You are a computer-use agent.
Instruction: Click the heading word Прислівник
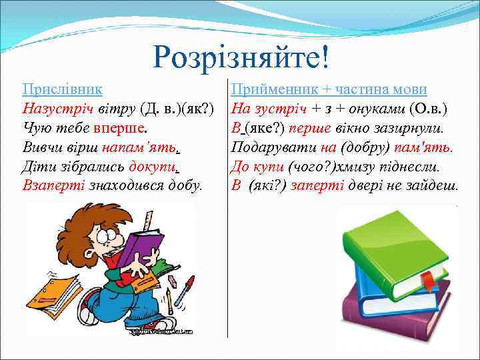click(x=62, y=89)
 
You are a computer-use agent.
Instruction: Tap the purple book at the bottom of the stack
click(x=393, y=313)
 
